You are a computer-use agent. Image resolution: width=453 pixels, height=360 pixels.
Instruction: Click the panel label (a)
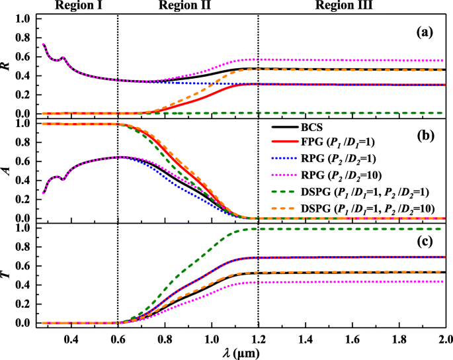(x=429, y=31)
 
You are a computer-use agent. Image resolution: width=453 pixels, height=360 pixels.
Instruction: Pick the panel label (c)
(x=429, y=239)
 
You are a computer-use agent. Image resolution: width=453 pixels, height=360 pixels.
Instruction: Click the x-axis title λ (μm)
(x=240, y=352)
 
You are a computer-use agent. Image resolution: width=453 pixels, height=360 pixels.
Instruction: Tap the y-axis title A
(x=8, y=170)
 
